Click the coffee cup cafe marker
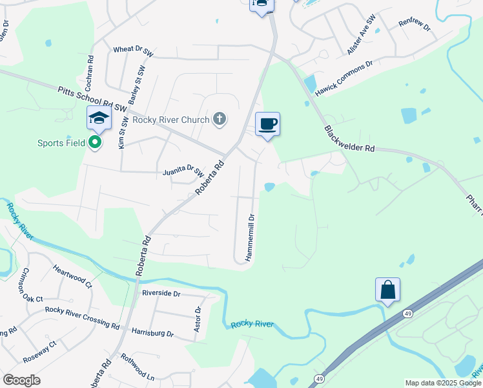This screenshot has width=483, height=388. (x=267, y=124)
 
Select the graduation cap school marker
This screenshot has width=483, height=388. (x=98, y=118)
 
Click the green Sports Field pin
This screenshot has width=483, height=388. (x=96, y=142)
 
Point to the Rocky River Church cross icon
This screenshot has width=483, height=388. (x=220, y=119)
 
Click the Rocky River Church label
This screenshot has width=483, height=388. (x=170, y=120)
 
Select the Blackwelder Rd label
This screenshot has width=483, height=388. (x=349, y=139)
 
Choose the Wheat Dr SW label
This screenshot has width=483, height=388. (x=132, y=49)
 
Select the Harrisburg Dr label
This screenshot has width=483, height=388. (x=152, y=334)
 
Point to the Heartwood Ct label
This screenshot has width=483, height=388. (x=72, y=275)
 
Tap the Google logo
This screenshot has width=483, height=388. (x=21, y=380)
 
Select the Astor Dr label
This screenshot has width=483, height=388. (x=198, y=319)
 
